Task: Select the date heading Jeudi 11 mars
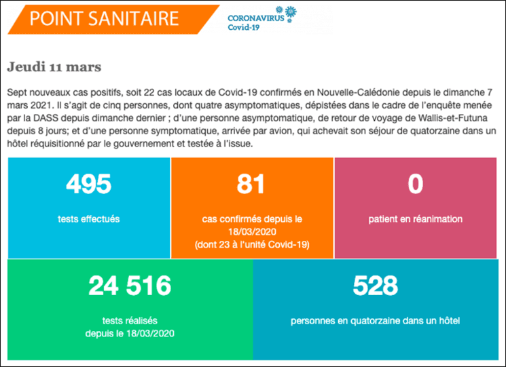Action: pos(54,68)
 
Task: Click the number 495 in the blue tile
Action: pos(89,183)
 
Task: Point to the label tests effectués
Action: pos(89,219)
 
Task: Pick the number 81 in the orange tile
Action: pos(251,183)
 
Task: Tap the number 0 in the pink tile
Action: pos(415,183)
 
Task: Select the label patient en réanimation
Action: pos(415,219)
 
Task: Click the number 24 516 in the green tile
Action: pos(130,286)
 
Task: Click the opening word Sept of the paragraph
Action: pos(16,92)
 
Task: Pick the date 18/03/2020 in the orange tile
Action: pos(251,231)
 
